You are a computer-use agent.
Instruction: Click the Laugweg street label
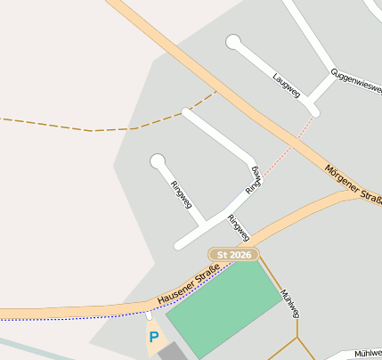288,86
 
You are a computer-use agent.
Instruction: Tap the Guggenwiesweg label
356,82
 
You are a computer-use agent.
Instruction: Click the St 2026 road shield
233,255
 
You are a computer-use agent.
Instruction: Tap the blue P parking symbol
154,338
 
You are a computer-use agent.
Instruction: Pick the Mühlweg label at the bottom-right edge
367,354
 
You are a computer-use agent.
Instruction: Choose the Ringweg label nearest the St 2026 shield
238,228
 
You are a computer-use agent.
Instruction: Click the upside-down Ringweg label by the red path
254,180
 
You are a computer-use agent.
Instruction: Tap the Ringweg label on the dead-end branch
181,194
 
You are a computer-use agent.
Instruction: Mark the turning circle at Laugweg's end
233,41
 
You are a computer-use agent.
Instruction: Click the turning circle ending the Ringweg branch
158,161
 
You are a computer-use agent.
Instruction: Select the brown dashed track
89,130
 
